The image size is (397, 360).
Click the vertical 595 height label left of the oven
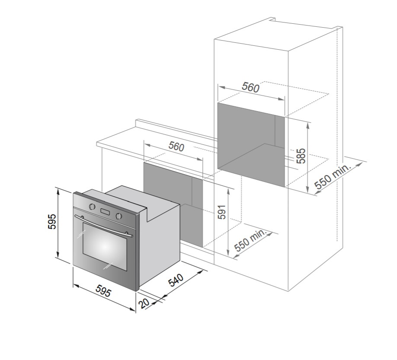[x=52, y=221]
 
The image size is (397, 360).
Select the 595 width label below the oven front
[x=103, y=291]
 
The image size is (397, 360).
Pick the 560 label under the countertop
[x=176, y=147]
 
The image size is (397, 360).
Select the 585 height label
[x=301, y=156]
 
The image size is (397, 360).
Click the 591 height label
[x=222, y=212]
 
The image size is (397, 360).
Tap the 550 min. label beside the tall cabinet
[x=333, y=176]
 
